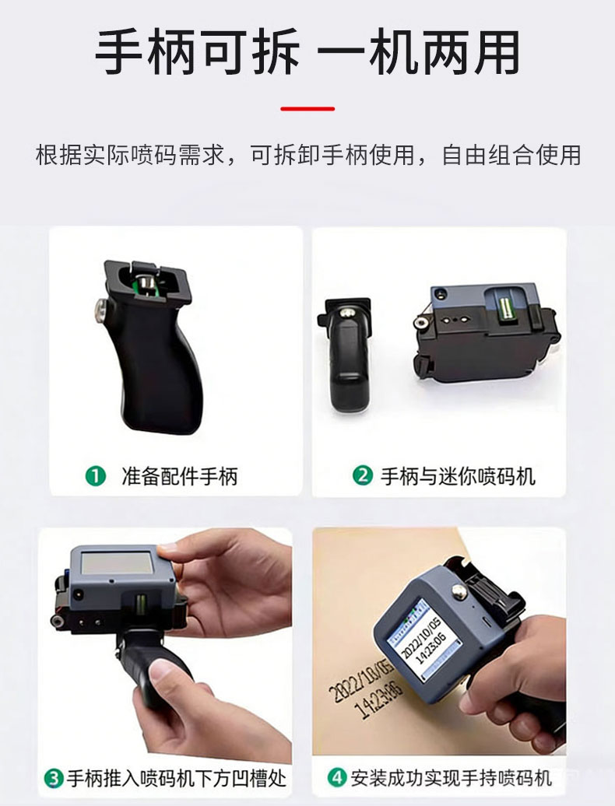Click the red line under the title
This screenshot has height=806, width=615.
coord(307,108)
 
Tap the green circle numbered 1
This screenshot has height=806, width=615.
coord(95,476)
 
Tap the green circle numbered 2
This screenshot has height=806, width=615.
coord(363,475)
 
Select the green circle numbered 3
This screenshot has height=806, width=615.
coord(54,778)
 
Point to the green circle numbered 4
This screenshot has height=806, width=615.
coord(337,777)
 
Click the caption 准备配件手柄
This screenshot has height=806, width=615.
coord(180,476)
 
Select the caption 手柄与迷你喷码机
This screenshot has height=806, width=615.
coord(458,476)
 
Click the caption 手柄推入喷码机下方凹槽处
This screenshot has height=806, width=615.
coord(177,778)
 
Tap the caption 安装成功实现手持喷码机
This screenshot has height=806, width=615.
coord(451,778)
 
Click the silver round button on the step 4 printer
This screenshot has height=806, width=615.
coord(459,591)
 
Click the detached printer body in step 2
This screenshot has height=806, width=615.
coord(487,331)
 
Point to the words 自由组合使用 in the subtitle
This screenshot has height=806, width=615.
coord(511,156)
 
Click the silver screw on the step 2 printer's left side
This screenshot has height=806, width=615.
coord(421,322)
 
